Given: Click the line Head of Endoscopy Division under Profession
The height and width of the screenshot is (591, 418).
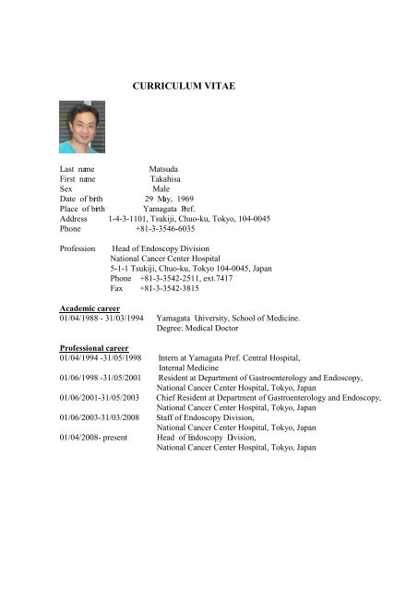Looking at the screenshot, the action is (x=161, y=249).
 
